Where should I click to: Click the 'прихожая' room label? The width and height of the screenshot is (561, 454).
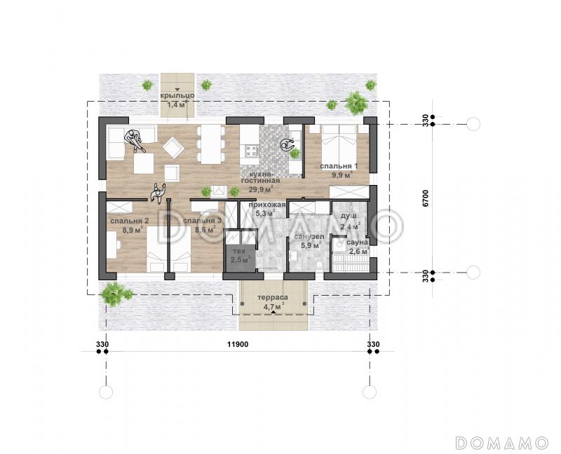pos(267,205)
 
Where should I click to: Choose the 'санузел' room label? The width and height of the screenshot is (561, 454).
pos(309,237)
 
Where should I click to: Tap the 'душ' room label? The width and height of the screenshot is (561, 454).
pos(348,216)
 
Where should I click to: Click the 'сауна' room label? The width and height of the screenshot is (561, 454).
pos(357,242)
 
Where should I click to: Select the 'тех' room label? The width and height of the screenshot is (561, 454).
pos(239,252)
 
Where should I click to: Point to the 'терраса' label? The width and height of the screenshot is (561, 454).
pos(273,298)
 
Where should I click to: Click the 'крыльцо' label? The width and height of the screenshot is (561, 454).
pos(177,96)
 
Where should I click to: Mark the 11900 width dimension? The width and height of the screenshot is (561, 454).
pos(238,344)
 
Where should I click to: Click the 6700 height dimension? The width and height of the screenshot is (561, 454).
pos(425,198)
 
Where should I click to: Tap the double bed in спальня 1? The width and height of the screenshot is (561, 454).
pos(339,144)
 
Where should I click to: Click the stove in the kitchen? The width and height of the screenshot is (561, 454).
pos(251,151)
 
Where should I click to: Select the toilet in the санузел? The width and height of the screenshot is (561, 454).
pos(320,265)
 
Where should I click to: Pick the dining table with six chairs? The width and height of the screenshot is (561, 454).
pos(211,144)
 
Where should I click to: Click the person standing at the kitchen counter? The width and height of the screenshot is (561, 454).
pos(287,144)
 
